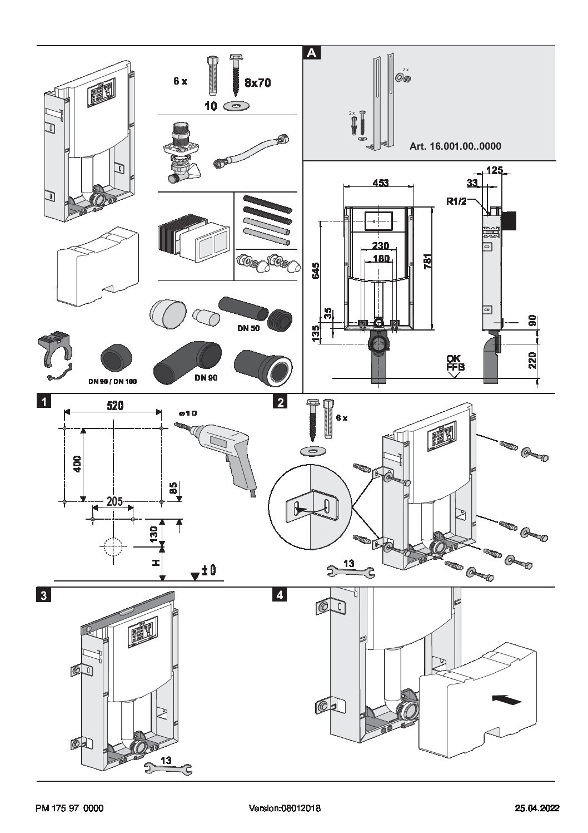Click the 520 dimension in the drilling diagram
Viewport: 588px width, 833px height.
point(115,406)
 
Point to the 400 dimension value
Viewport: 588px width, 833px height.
point(77,464)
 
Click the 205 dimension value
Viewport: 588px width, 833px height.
point(114,501)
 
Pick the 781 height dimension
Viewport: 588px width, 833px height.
point(442,262)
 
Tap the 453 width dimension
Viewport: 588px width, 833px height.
point(380,183)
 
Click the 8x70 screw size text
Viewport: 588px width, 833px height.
point(258,83)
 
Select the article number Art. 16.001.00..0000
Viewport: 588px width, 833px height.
point(455,147)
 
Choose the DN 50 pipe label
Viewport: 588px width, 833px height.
point(248,328)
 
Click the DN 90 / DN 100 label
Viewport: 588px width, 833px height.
point(113,381)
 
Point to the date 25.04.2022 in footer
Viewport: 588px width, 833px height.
point(536,809)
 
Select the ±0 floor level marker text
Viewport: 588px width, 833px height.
point(208,571)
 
